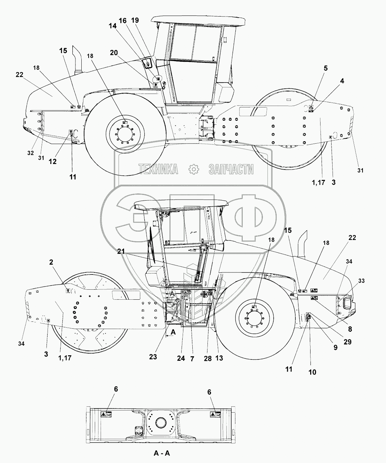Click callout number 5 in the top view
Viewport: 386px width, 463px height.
326,68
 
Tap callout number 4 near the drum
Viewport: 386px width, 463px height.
342,81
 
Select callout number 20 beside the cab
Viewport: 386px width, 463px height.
114,53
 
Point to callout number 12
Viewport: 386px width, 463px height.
52,162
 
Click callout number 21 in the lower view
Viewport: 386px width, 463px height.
121,251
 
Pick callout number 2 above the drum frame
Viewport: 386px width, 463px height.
51,262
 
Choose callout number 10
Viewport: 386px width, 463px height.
312,372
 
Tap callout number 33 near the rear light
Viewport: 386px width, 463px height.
362,281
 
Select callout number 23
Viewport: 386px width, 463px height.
153,357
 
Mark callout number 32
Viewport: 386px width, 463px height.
31,153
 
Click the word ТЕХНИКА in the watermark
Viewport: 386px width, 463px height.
158,169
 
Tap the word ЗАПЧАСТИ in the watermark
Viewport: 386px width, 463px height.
231,169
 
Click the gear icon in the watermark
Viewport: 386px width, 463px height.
194,169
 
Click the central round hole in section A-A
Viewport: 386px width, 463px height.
161,420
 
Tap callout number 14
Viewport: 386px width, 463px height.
113,26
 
